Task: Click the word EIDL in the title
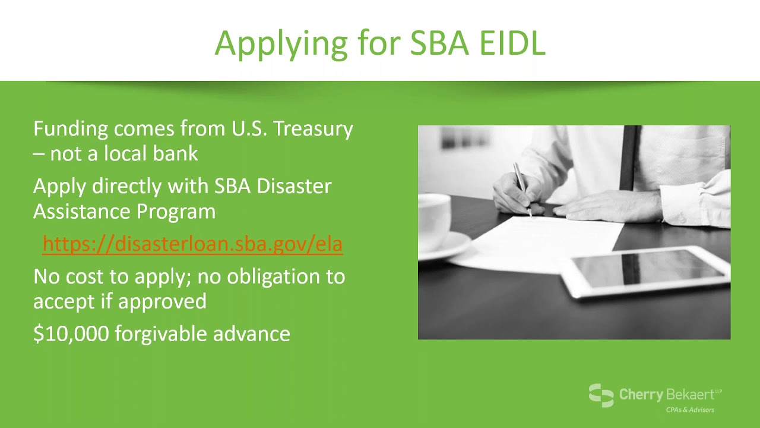tap(512, 43)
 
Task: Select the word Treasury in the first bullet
tap(313, 130)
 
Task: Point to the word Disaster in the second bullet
tap(294, 186)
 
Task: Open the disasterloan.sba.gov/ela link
tap(193, 244)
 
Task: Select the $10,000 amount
tap(71, 333)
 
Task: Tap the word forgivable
tap(160, 334)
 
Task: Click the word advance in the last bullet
tap(251, 333)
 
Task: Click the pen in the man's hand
tap(522, 189)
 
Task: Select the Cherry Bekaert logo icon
tap(601, 395)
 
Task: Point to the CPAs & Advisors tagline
tap(690, 410)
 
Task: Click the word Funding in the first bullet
tap(71, 130)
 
